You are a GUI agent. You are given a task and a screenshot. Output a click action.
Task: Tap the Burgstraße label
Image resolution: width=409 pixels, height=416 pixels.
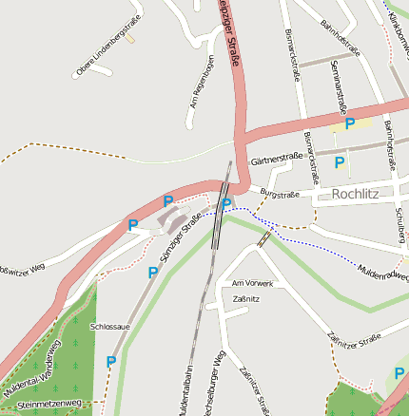pos(280,196)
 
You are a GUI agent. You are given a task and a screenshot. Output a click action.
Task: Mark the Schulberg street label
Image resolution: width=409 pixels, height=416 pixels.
pos(400,222)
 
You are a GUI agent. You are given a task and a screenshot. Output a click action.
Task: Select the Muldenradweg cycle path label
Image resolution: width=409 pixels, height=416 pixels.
pos(382,273)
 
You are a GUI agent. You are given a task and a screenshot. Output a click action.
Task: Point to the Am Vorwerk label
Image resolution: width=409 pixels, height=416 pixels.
pos(253,283)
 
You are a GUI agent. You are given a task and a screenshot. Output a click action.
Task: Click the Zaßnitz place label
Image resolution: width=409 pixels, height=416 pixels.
pos(246,299)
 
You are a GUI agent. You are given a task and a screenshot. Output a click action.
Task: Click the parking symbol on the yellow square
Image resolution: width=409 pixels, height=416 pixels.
pos(350,123)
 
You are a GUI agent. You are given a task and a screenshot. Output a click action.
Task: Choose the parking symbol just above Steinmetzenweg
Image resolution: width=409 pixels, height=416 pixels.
pos(111,362)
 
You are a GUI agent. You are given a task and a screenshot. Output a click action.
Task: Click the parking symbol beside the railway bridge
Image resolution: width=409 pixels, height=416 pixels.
pos(226,203)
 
